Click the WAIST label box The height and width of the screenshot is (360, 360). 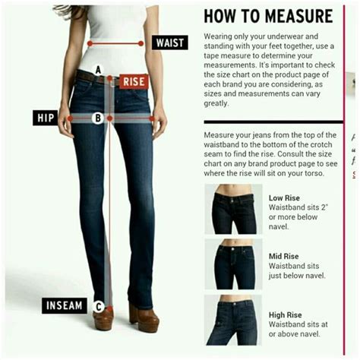169,43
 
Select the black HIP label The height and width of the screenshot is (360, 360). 45,118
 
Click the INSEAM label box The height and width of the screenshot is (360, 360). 65,306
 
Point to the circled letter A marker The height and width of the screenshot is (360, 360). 98,70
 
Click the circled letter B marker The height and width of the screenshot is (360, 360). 98,118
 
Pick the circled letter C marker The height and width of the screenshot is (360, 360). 99,307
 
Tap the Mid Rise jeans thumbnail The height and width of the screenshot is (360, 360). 234,264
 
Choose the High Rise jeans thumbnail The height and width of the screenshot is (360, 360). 234,321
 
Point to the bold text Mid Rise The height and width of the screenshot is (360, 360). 285,256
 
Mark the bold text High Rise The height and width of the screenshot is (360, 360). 286,312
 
